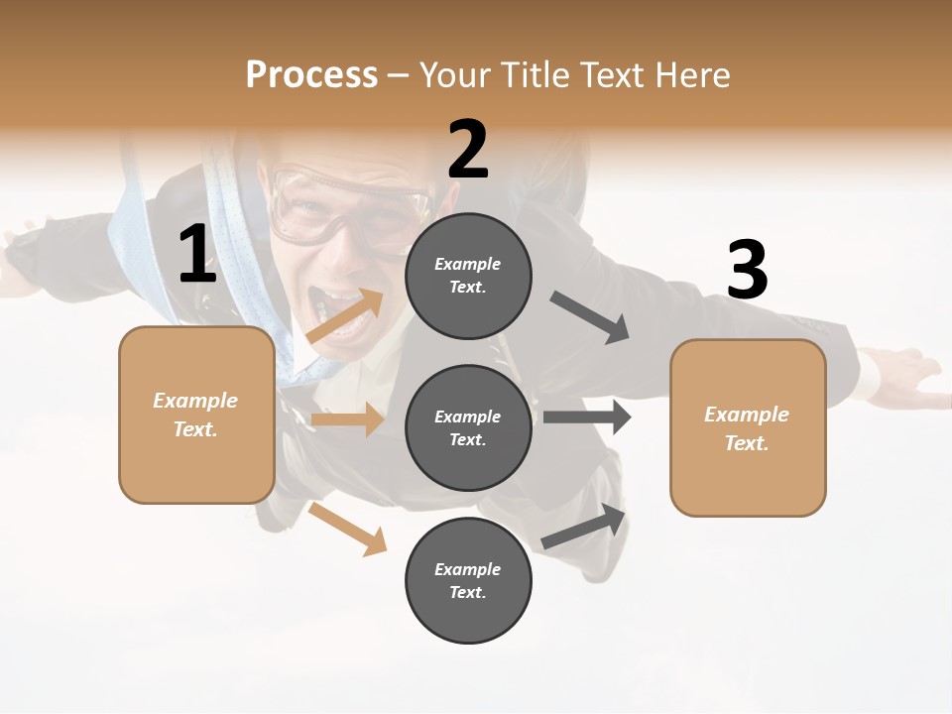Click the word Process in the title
[311, 75]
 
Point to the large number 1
[197, 255]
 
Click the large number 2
[468, 150]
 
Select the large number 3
[747, 271]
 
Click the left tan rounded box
[196, 415]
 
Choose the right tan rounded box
[748, 427]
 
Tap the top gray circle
[468, 275]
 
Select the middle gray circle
[468, 427]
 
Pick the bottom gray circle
[468, 580]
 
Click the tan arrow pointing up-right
[345, 316]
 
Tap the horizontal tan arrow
[347, 419]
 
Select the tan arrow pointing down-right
[348, 530]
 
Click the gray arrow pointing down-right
[590, 317]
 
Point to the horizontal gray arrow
[587, 416]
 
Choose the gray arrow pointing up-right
[585, 527]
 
